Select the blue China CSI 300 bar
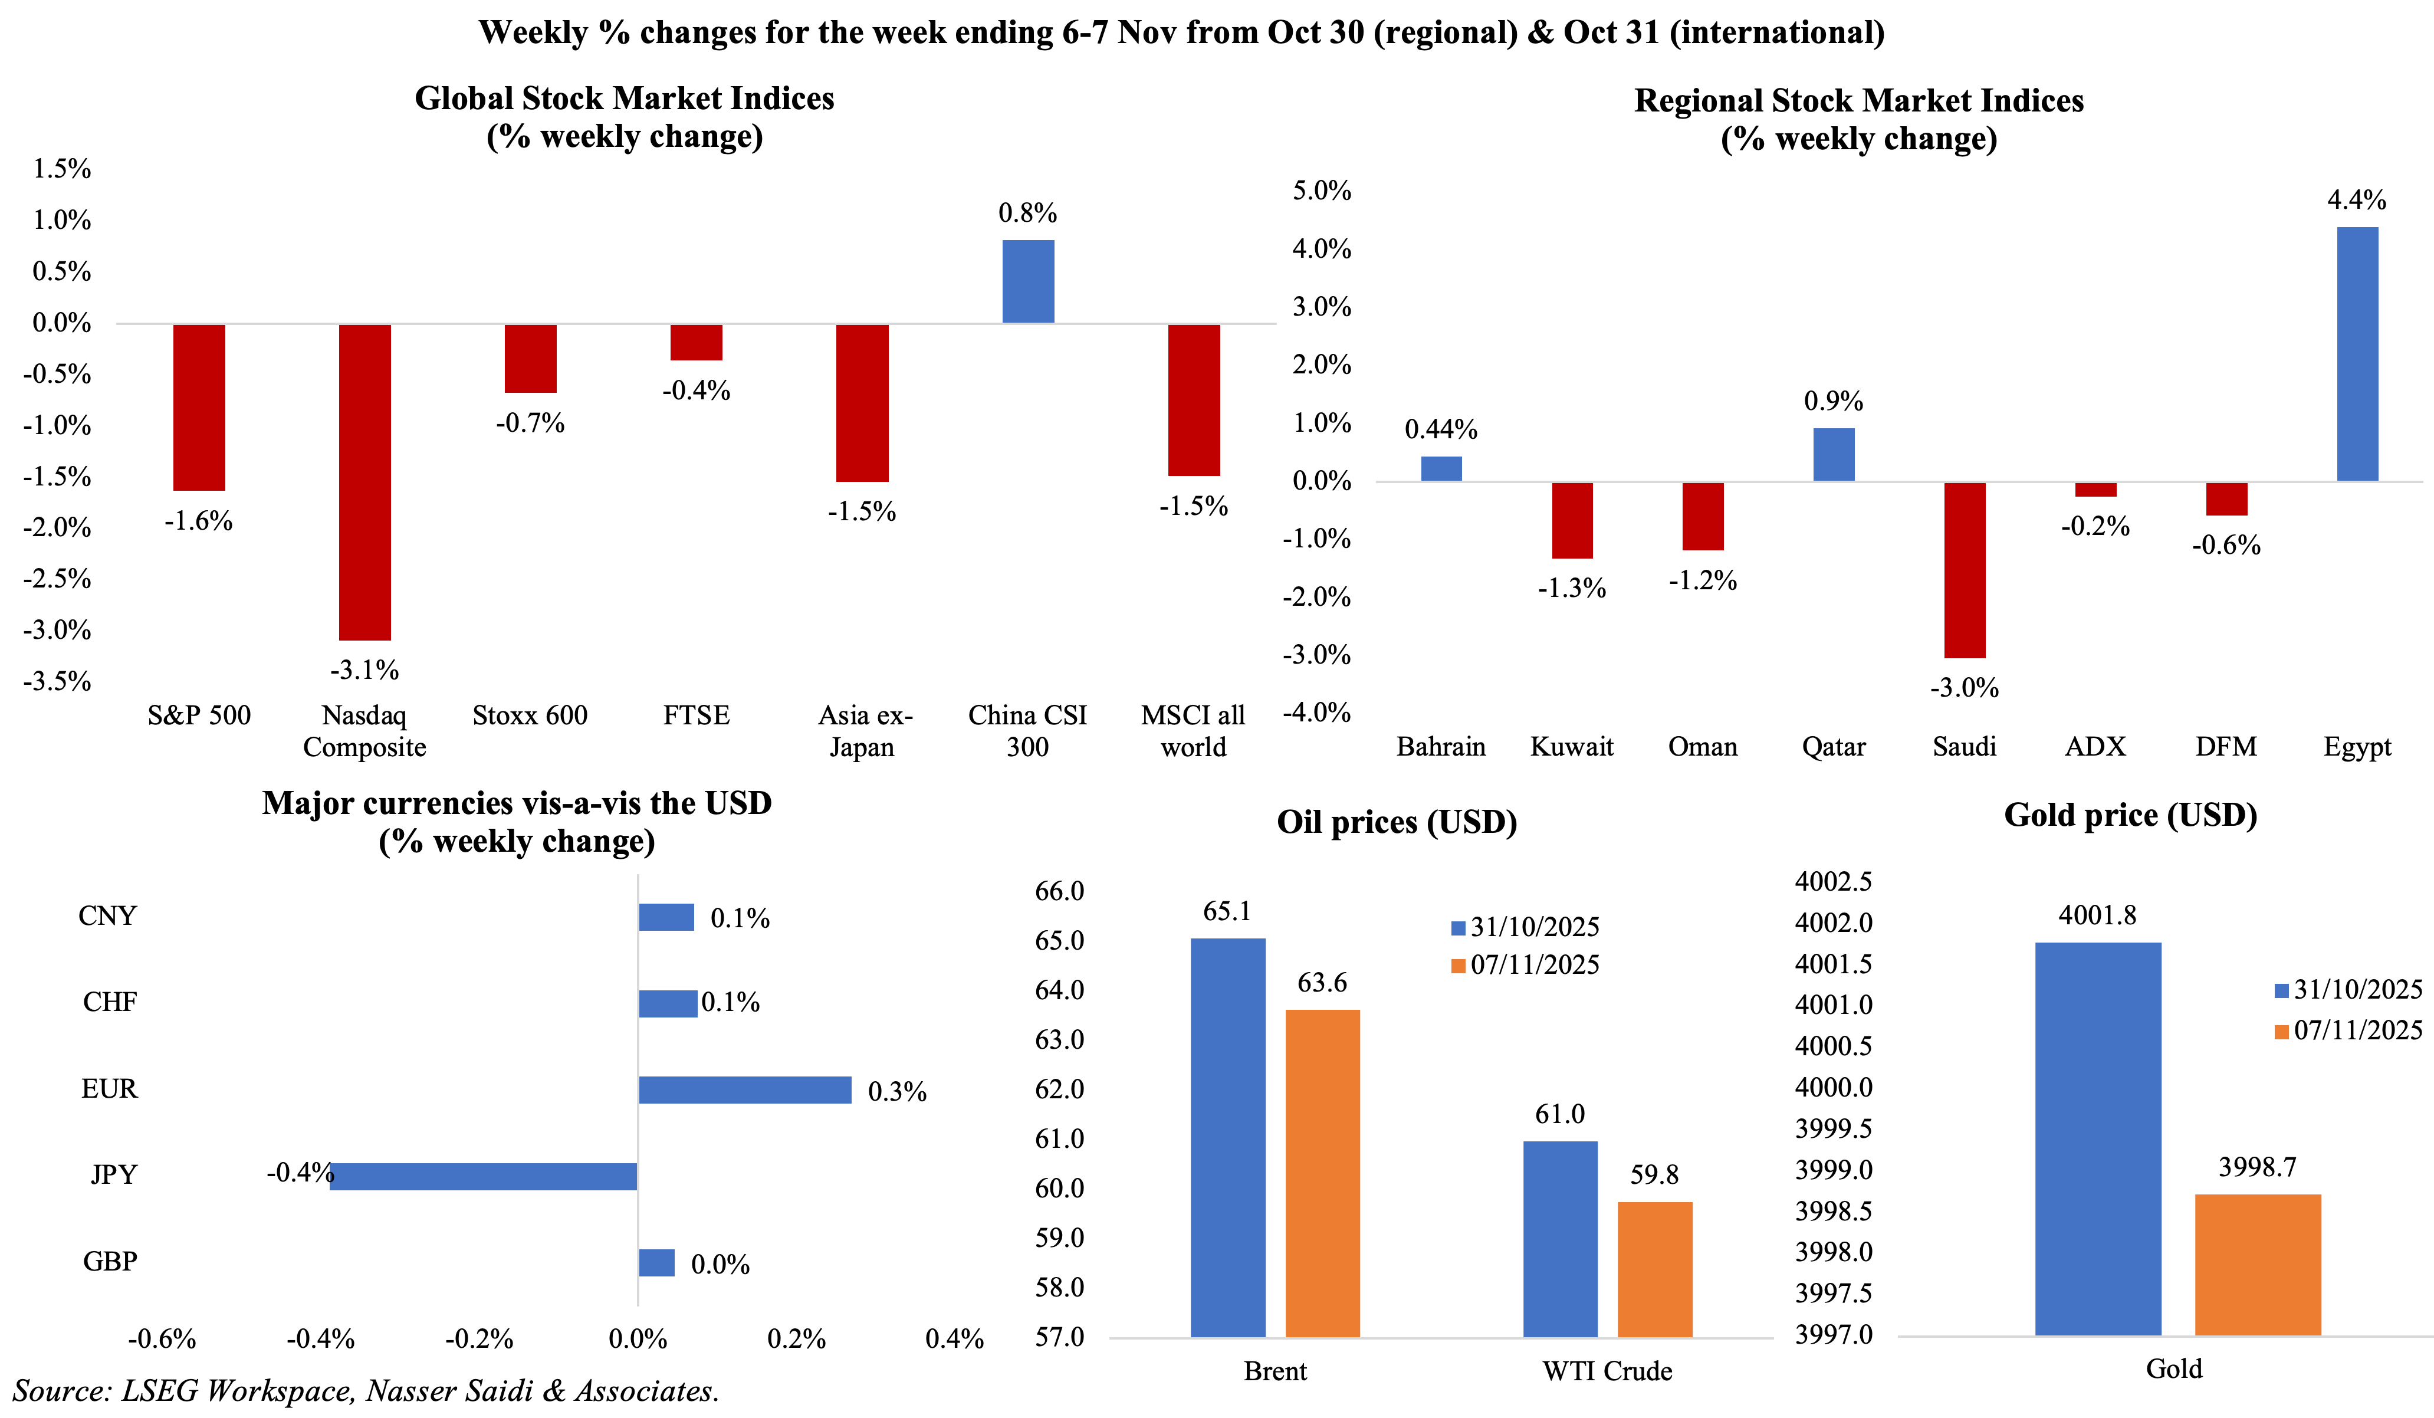tap(1028, 281)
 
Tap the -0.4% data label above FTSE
tap(695, 390)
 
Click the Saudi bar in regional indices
tap(1965, 570)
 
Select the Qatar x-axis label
tap(1833, 747)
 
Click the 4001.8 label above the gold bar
tap(2097, 915)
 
